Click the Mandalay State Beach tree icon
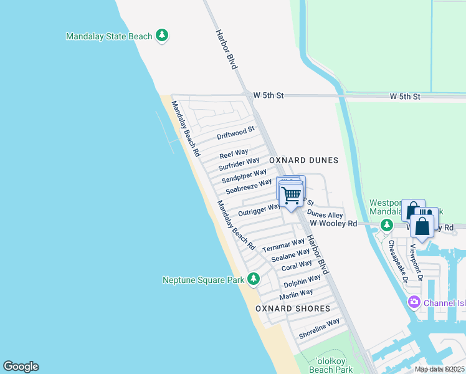click(x=162, y=36)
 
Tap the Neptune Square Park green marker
click(x=253, y=279)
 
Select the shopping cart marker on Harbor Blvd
click(x=291, y=195)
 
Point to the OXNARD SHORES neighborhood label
click(x=293, y=309)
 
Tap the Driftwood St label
click(x=235, y=133)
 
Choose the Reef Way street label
click(x=234, y=153)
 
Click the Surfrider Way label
click(x=239, y=164)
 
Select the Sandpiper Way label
click(x=244, y=176)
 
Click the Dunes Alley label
click(x=325, y=214)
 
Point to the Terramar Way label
click(x=283, y=244)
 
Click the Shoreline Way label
click(x=319, y=328)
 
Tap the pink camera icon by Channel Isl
click(x=414, y=302)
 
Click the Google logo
click(x=21, y=367)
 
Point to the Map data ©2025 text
click(x=439, y=369)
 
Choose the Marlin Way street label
click(x=297, y=294)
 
